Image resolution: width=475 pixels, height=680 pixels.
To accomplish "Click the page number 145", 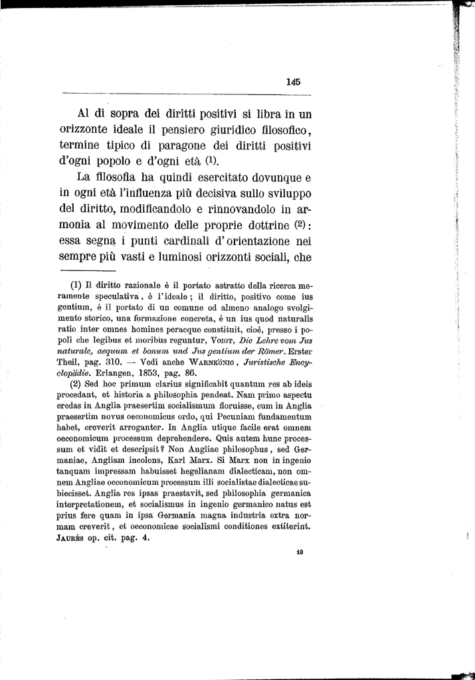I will pos(294,82).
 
